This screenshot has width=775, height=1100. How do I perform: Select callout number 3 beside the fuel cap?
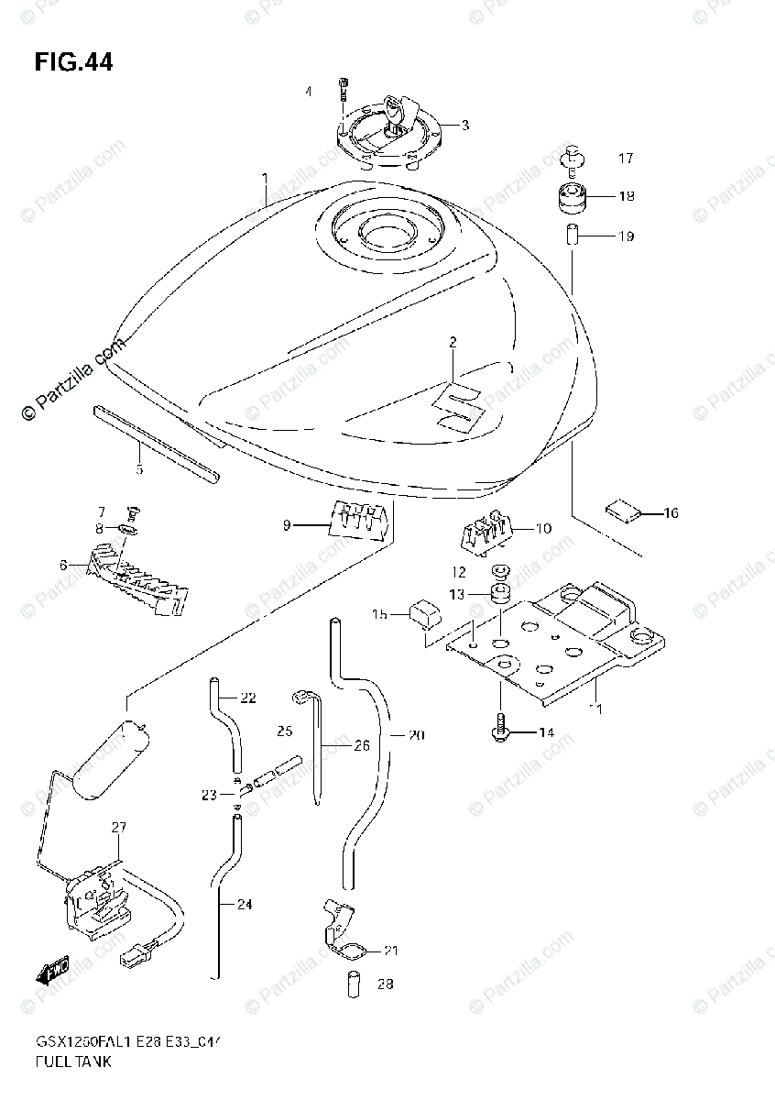click(464, 126)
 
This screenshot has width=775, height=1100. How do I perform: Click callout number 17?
click(625, 159)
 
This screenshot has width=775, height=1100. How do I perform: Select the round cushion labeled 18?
click(571, 197)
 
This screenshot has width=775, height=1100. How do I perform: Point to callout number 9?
click(287, 525)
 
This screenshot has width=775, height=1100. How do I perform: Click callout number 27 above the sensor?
click(118, 827)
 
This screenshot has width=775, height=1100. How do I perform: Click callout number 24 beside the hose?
click(243, 904)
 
